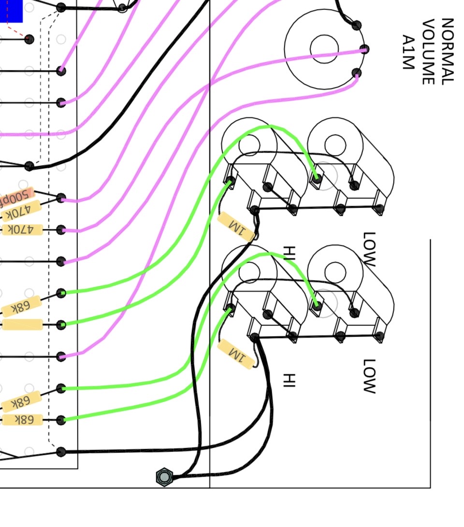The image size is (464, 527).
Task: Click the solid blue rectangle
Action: pos(11,11)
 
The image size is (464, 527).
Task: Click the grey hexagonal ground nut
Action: pos(164,477)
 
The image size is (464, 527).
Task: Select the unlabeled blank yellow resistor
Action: pos(22,325)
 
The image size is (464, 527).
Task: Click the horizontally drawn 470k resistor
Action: pos(22,229)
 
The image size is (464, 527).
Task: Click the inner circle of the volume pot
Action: pos(324,48)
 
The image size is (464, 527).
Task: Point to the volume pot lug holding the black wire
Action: pos(357,25)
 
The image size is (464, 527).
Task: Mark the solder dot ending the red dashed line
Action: pos(29,39)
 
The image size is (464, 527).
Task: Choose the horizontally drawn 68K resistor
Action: pos(22,419)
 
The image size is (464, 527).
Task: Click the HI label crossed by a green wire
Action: pos(289,253)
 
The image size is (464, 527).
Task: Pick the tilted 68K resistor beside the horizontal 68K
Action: pos(21,402)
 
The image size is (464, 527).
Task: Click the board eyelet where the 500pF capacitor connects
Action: pos(61,198)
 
